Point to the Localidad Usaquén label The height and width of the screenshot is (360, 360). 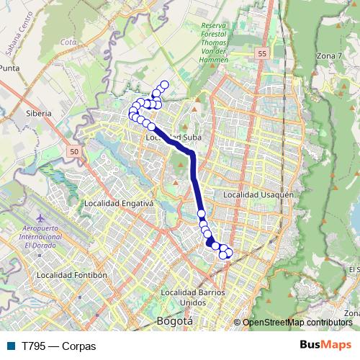[258, 194]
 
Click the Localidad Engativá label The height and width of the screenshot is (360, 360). [119, 203]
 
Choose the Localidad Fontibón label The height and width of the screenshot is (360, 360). [71, 274]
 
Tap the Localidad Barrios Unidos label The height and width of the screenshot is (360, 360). [193, 297]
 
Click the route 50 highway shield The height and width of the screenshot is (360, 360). [74, 152]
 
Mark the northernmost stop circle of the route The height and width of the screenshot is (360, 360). [164, 85]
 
